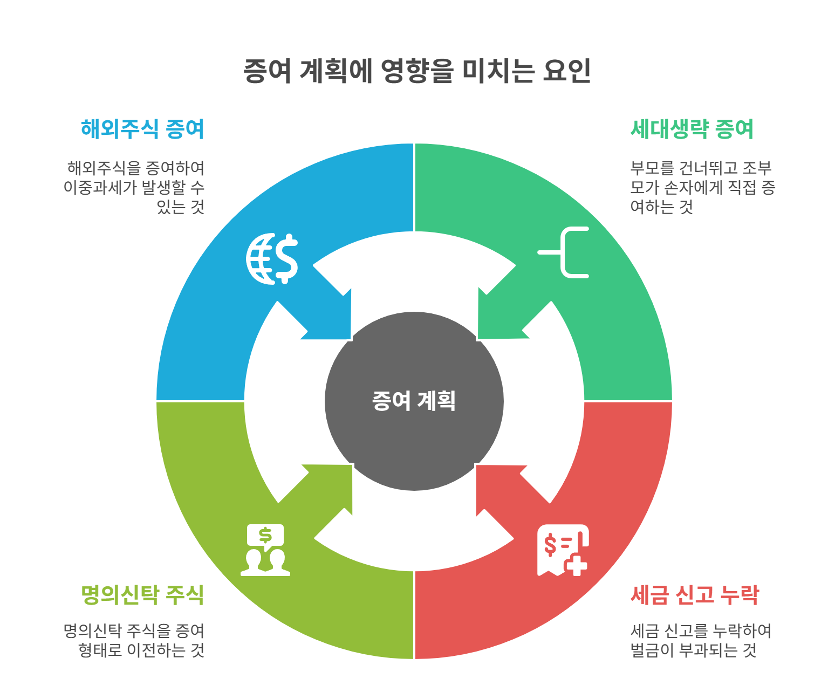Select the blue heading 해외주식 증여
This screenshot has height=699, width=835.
click(142, 129)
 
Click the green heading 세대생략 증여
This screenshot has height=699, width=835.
click(692, 129)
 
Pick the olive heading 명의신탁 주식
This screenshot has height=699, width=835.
click(142, 595)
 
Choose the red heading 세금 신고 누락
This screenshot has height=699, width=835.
click(695, 595)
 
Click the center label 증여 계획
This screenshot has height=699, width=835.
click(414, 401)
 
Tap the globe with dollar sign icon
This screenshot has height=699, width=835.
click(272, 259)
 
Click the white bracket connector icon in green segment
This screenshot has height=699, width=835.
click(564, 252)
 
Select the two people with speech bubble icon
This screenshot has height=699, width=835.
click(265, 550)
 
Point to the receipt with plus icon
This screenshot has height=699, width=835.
click(562, 550)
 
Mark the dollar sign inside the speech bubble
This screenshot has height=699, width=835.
click(265, 535)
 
